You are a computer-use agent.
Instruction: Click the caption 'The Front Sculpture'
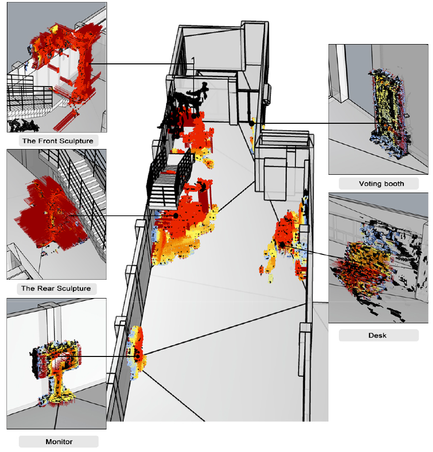[57, 141]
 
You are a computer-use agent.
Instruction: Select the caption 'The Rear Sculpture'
[56, 288]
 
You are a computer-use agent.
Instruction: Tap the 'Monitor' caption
[59, 441]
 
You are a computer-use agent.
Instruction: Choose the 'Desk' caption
[378, 335]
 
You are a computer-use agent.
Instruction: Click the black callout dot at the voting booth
[252, 123]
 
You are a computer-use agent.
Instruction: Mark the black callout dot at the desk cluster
[282, 245]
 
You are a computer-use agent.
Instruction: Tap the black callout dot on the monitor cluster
[138, 356]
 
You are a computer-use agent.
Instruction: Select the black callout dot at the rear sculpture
[176, 216]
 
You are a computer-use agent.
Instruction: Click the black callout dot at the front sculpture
[194, 115]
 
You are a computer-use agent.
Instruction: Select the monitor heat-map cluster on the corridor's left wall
[136, 352]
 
